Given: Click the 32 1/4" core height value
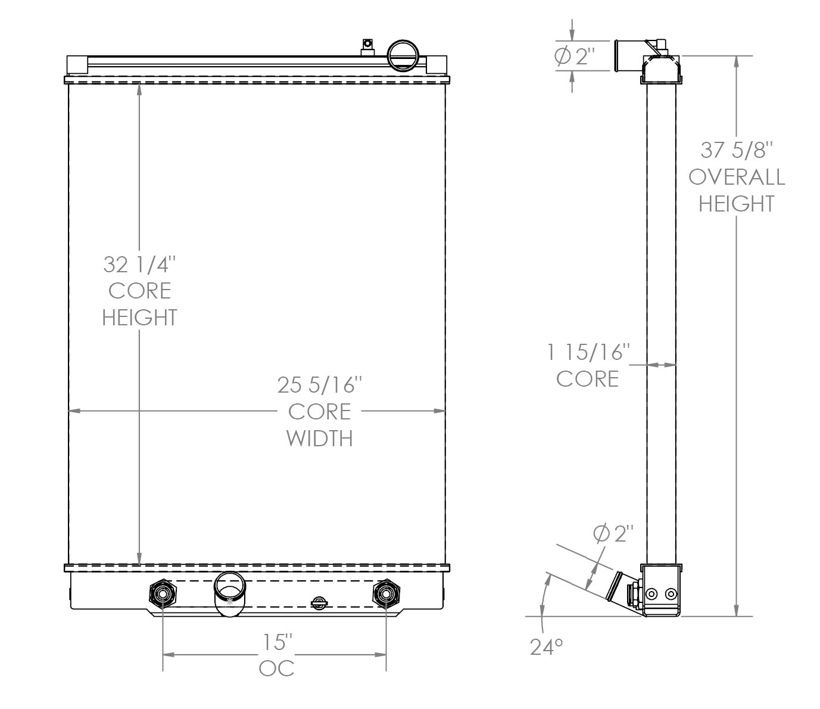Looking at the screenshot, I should tap(140, 263).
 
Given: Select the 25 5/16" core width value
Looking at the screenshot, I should tap(320, 385).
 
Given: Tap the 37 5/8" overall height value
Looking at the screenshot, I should tap(737, 150).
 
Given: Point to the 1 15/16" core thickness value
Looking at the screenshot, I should tap(588, 352).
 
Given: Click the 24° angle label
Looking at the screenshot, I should tap(547, 646).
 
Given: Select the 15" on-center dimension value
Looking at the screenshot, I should tap(278, 642).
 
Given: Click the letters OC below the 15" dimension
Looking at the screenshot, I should tap(277, 668).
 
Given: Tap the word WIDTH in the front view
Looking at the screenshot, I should tap(320, 439).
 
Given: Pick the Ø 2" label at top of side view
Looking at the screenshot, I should tap(575, 57).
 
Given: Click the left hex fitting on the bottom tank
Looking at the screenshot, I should tap(163, 593).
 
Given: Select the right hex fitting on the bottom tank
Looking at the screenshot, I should tap(386, 593).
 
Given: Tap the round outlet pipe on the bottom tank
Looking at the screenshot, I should tap(229, 593).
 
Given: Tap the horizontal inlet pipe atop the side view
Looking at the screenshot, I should tap(630, 55).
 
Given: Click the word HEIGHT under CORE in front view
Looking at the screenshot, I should tap(140, 317).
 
